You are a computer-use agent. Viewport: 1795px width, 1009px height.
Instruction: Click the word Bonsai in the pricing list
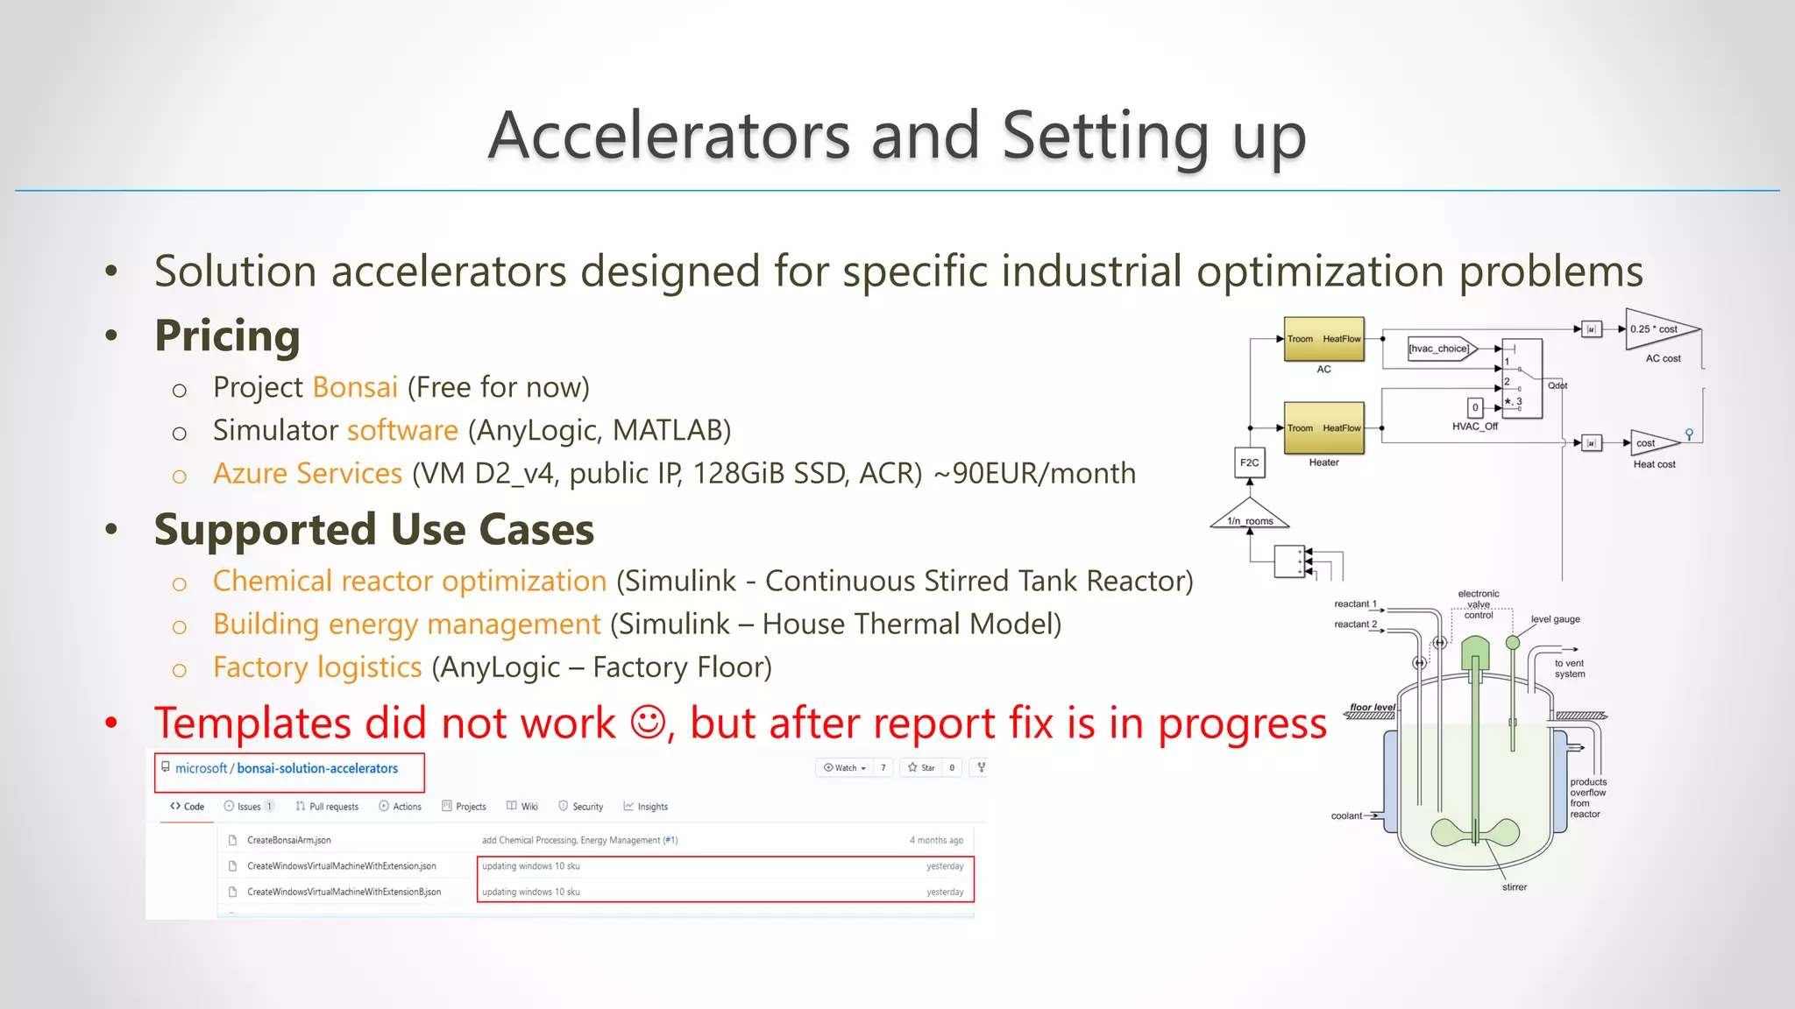pyautogui.click(x=355, y=387)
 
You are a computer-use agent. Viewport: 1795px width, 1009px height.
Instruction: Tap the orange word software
pyautogui.click(x=402, y=430)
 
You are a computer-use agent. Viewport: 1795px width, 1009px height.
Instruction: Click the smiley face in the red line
pyautogui.click(x=648, y=723)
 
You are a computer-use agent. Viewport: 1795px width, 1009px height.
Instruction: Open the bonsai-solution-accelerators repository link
pyautogui.click(x=316, y=768)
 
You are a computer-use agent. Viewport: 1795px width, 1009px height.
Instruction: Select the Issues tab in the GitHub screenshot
pyautogui.click(x=248, y=807)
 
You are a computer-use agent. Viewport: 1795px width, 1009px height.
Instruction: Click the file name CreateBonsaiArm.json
pyautogui.click(x=288, y=840)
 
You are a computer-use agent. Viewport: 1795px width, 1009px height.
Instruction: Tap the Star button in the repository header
pyautogui.click(x=921, y=768)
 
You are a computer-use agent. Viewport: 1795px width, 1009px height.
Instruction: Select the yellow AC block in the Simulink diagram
pyautogui.click(x=1323, y=340)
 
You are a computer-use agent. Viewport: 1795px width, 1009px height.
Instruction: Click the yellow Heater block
pyautogui.click(x=1323, y=428)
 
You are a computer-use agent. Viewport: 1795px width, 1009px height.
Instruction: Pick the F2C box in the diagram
pyautogui.click(x=1250, y=462)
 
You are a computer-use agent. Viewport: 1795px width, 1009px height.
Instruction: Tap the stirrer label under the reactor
pyautogui.click(x=1514, y=887)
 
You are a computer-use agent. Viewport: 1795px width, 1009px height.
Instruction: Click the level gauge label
pyautogui.click(x=1555, y=619)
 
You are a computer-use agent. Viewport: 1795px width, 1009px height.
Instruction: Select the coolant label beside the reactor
pyautogui.click(x=1346, y=816)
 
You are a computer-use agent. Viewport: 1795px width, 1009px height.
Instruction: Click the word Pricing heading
pyautogui.click(x=227, y=335)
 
